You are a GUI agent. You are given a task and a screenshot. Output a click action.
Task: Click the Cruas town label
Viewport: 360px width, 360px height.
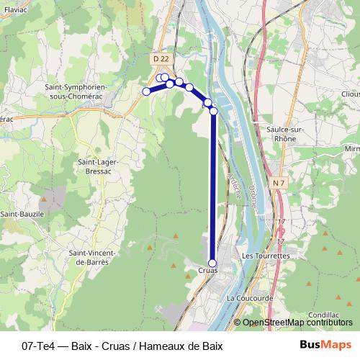point(207,271)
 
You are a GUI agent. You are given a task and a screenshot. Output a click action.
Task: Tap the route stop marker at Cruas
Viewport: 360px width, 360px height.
point(212,263)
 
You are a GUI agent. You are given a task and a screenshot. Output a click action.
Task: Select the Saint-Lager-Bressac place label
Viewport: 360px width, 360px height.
point(98,167)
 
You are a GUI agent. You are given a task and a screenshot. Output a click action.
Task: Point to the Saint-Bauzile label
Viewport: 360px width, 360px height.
point(23,214)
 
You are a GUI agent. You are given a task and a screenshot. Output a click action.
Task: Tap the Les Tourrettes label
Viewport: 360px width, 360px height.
point(266,256)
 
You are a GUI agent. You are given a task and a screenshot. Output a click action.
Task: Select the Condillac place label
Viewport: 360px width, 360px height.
point(322,315)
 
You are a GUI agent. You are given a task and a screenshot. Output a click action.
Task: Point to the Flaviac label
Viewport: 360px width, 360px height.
point(16,10)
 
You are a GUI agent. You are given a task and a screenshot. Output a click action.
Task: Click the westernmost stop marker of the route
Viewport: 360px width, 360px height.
point(146,91)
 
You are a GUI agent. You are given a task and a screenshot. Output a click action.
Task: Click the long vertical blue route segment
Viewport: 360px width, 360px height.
point(213,187)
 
